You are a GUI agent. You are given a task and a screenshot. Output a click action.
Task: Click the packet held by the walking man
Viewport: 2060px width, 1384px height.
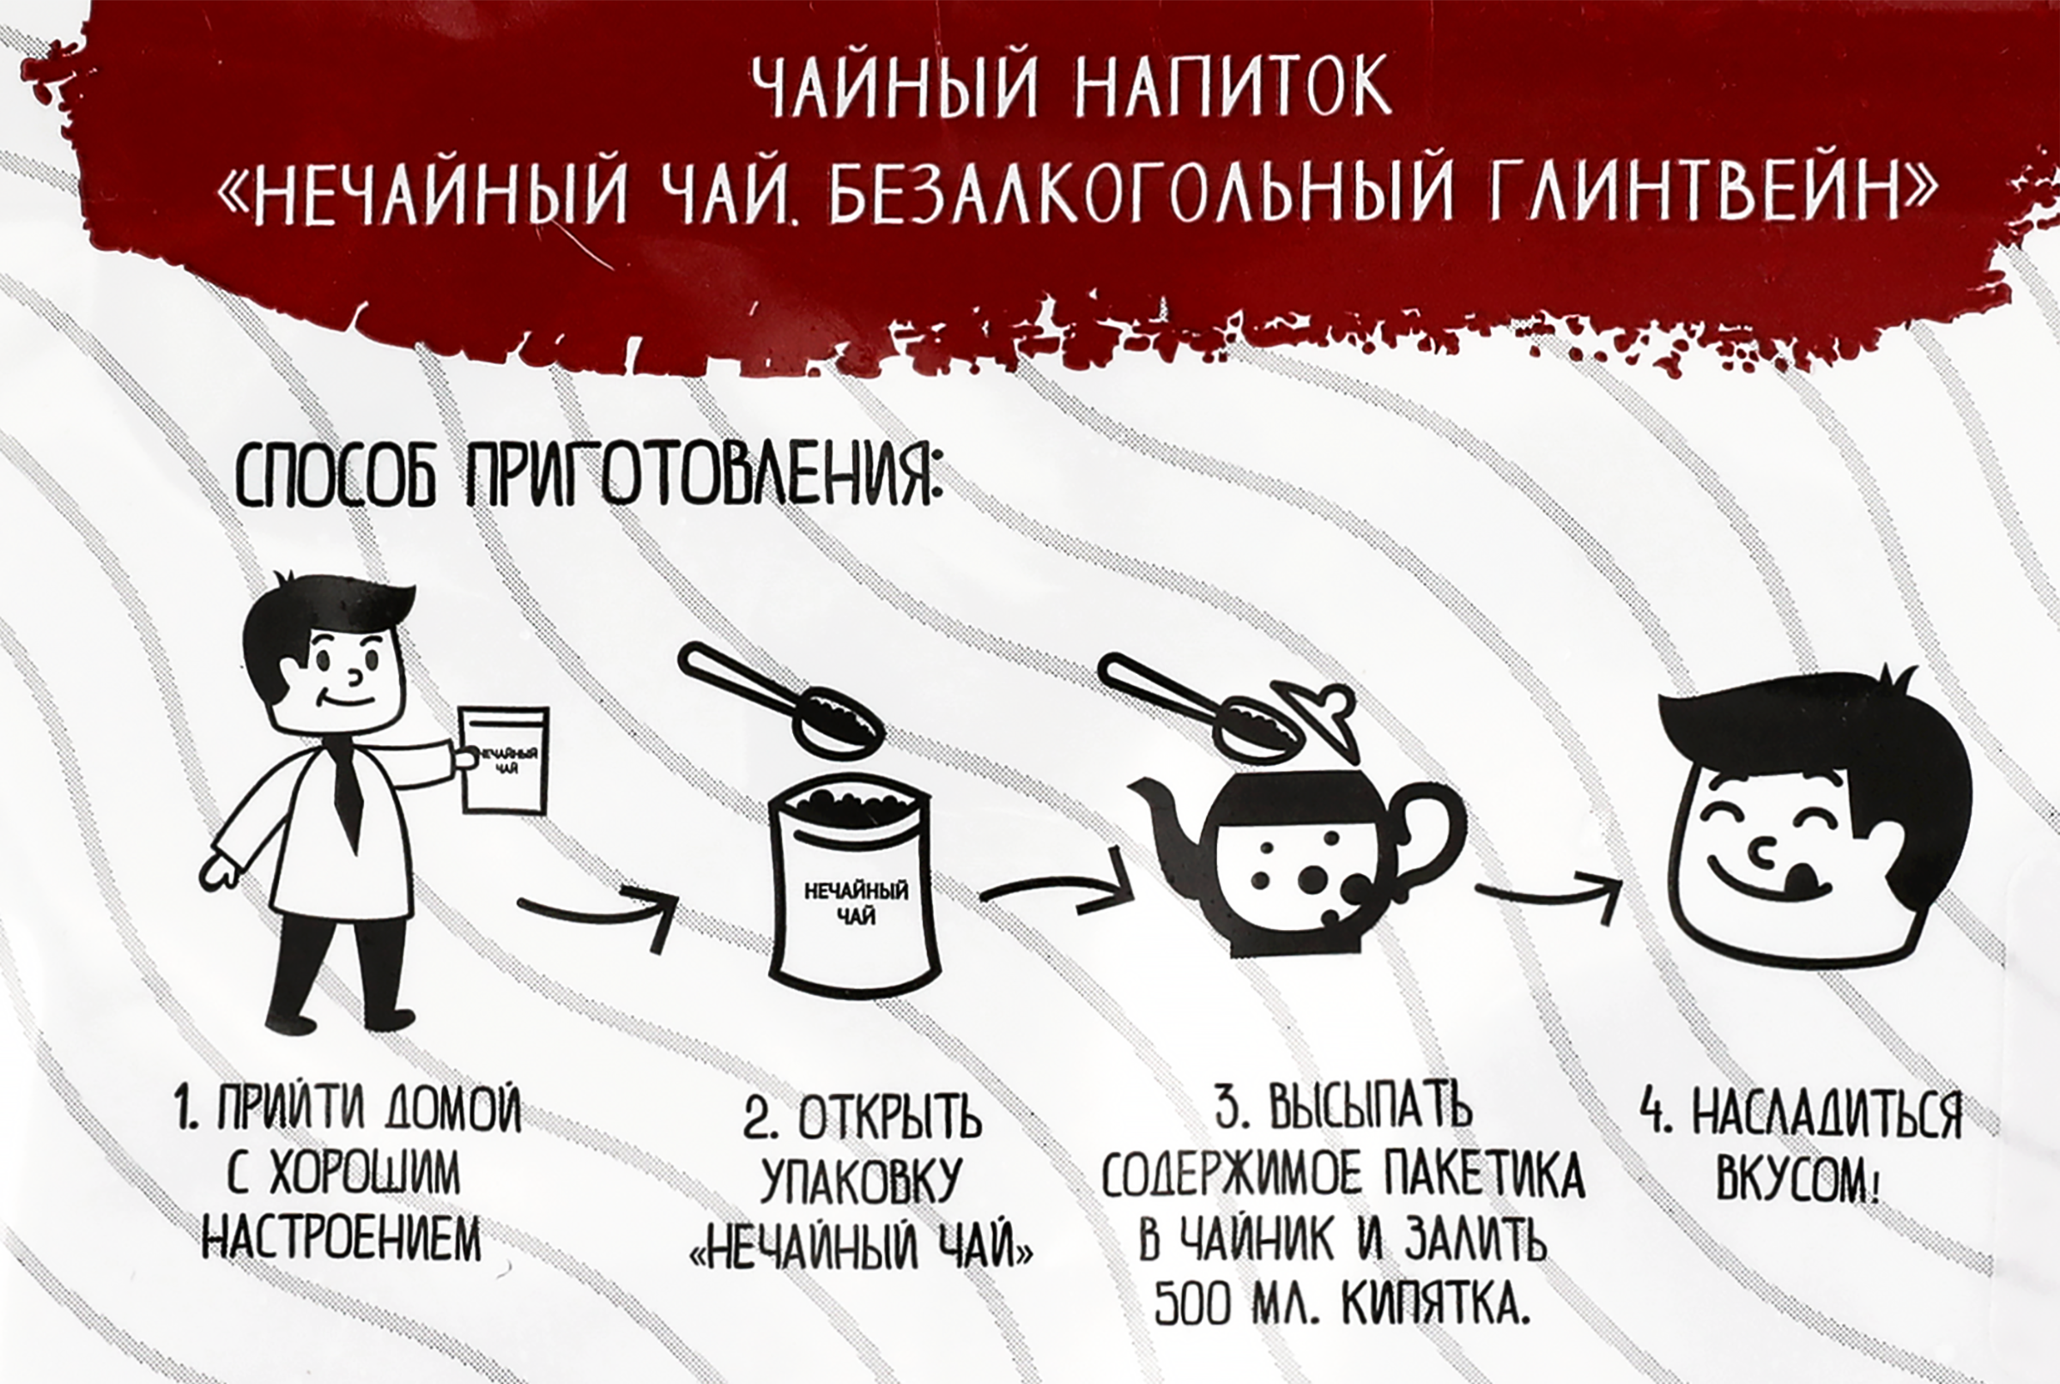505,759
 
